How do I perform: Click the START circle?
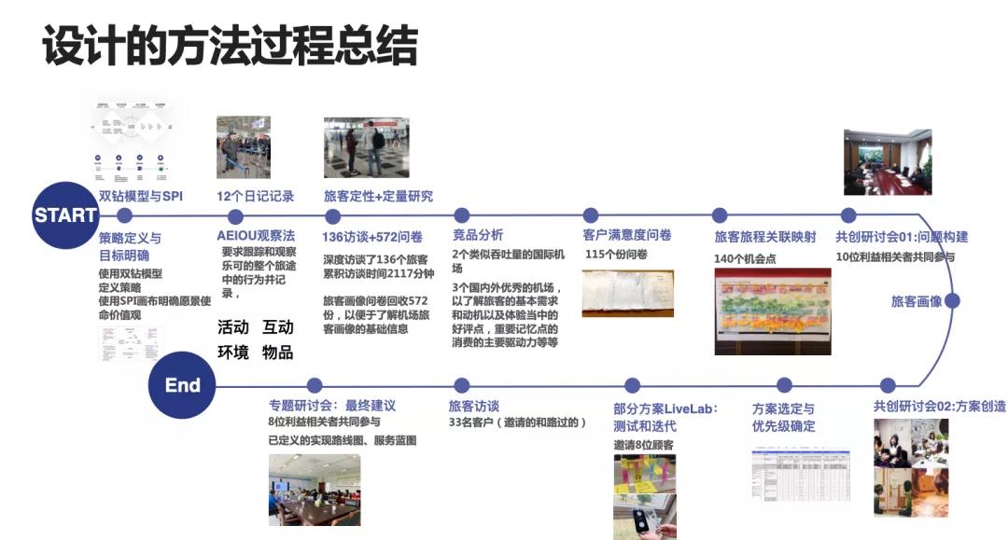[x=65, y=215]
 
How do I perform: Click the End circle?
[x=182, y=386]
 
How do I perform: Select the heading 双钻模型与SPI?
[x=141, y=196]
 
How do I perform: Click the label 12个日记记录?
[x=255, y=196]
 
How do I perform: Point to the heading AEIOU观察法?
[x=256, y=236]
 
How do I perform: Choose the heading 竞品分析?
[x=478, y=235]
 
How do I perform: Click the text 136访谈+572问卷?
[x=372, y=236]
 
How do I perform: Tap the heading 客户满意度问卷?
[x=627, y=235]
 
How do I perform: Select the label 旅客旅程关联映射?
[x=764, y=236]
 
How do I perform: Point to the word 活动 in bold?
[x=233, y=327]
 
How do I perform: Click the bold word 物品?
[x=278, y=353]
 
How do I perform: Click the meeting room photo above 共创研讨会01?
[x=887, y=162]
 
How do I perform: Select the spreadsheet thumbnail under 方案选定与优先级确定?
[x=800, y=475]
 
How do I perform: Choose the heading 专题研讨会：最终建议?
[x=332, y=406]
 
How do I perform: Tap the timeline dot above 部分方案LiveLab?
[x=632, y=386]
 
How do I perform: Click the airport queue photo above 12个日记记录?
[x=244, y=147]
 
